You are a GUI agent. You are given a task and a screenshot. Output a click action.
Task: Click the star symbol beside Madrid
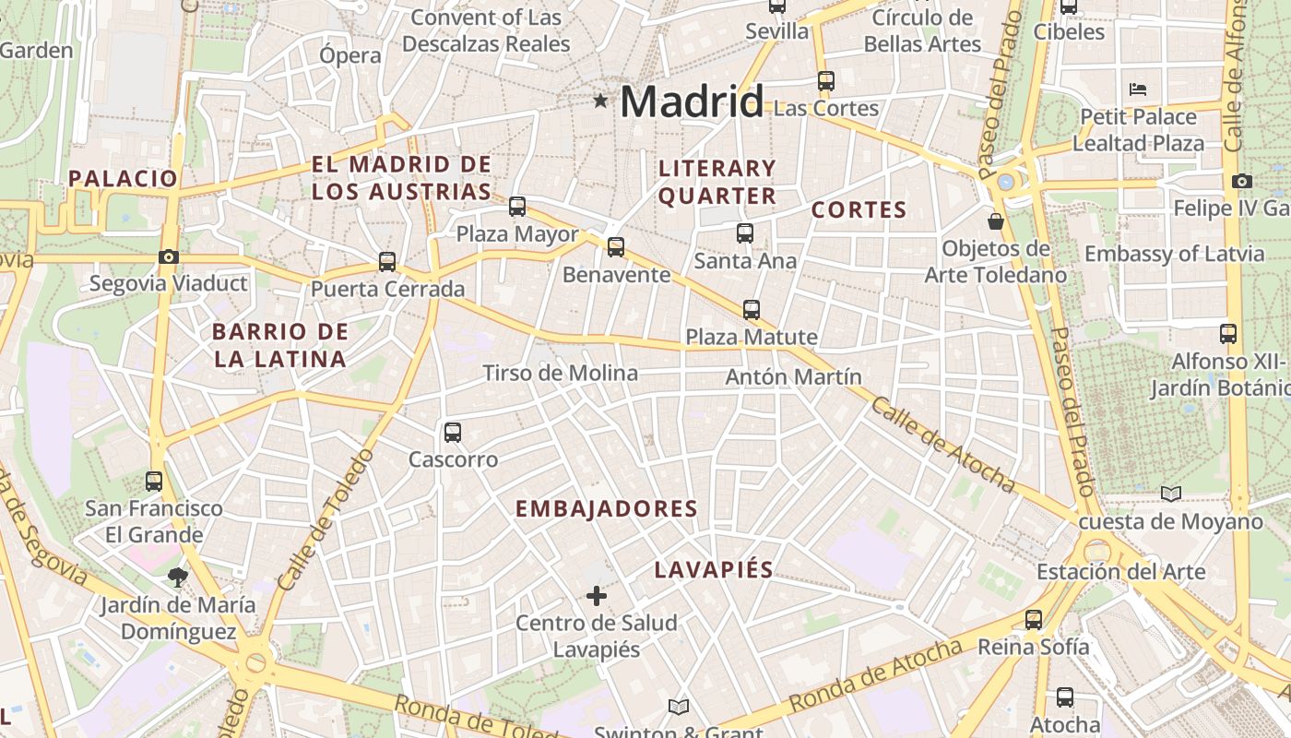pyautogui.click(x=600, y=101)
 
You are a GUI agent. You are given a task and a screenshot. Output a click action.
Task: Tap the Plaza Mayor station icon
pyautogui.click(x=517, y=207)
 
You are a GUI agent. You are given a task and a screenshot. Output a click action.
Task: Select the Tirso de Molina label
pyautogui.click(x=560, y=373)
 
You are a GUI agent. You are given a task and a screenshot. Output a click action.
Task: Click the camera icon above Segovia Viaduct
pyautogui.click(x=169, y=257)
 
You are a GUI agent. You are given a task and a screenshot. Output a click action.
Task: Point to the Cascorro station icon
pyautogui.click(x=453, y=432)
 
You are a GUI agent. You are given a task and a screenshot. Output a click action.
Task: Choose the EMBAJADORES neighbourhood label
pyautogui.click(x=606, y=508)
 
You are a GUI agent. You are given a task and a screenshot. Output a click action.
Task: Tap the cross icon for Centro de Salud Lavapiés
pyautogui.click(x=597, y=596)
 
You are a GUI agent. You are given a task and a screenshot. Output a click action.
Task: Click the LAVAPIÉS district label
pyautogui.click(x=713, y=569)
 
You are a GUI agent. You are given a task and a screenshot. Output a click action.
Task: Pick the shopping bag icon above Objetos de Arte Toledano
pyautogui.click(x=996, y=221)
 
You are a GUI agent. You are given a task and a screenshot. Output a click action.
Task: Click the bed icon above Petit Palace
pyautogui.click(x=1138, y=89)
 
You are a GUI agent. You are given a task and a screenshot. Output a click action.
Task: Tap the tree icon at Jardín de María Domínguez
pyautogui.click(x=178, y=578)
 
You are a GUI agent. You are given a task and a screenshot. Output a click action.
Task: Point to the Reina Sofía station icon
pyautogui.click(x=1034, y=620)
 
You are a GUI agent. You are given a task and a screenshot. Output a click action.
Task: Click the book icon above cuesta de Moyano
pyautogui.click(x=1170, y=494)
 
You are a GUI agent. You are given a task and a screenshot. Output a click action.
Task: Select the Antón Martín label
pyautogui.click(x=793, y=376)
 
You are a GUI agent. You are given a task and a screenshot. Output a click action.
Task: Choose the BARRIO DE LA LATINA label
pyautogui.click(x=279, y=345)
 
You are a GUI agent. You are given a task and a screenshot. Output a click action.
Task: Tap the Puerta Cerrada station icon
pyautogui.click(x=387, y=262)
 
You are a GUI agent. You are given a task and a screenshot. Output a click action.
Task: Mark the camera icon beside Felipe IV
pyautogui.click(x=1241, y=181)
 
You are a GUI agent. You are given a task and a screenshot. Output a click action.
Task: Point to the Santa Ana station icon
pyautogui.click(x=745, y=233)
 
